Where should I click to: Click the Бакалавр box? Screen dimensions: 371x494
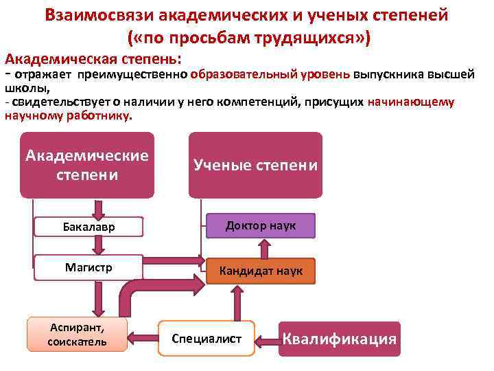click(88, 227)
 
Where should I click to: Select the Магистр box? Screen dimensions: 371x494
click(88, 267)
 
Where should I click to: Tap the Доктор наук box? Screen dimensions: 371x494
click(261, 225)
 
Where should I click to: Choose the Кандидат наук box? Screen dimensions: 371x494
click(261, 271)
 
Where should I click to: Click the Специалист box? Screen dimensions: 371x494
click(207, 339)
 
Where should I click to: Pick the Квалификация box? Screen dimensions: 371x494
click(340, 339)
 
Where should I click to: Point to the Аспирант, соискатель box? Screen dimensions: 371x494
click(77, 334)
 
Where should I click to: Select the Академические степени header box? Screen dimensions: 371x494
click(87, 165)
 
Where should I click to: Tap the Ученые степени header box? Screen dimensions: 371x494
click(255, 165)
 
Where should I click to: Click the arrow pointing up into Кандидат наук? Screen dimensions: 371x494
click(237, 301)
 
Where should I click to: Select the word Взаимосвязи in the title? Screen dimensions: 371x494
click(99, 15)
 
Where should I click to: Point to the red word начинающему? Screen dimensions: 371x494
click(411, 102)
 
